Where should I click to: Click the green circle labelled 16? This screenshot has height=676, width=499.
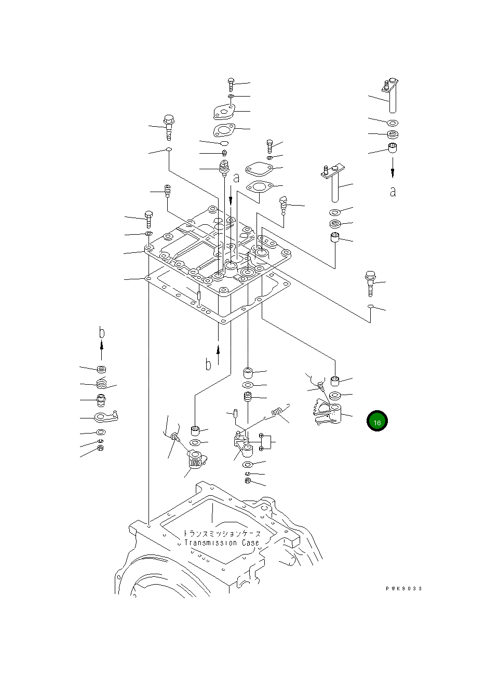click(377, 422)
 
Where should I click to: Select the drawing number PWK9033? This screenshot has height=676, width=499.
click(403, 588)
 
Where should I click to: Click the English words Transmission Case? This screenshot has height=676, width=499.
click(222, 543)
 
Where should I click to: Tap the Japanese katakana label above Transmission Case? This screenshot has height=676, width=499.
click(222, 534)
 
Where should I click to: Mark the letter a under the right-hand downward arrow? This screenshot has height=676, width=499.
click(393, 191)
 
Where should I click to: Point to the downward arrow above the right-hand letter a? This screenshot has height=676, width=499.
click(393, 167)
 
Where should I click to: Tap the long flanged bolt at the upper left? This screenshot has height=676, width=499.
click(169, 126)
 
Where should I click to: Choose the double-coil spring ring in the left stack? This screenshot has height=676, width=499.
click(101, 384)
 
